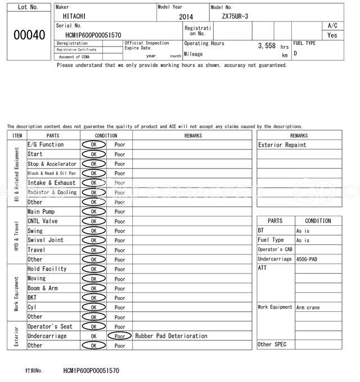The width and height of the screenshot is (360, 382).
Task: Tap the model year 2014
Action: click(x=186, y=17)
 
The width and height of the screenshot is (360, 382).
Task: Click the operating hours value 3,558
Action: click(x=266, y=46)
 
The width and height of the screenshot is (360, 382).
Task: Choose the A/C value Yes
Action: click(x=332, y=35)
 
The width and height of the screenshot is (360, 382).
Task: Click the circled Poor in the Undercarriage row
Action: click(x=120, y=336)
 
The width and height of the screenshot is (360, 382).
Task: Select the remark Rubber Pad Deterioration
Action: click(x=171, y=336)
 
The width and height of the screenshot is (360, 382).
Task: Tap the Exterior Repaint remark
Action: click(x=282, y=145)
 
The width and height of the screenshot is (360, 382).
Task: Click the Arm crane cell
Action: click(x=308, y=307)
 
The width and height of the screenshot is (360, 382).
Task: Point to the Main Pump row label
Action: click(x=41, y=212)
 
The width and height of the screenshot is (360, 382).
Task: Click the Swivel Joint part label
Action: click(x=45, y=240)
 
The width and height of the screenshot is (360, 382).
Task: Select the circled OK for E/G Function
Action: click(x=93, y=145)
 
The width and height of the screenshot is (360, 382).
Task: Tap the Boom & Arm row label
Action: click(x=43, y=288)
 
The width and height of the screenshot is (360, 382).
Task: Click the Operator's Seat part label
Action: click(x=50, y=326)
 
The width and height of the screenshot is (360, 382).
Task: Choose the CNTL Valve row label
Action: click(x=43, y=221)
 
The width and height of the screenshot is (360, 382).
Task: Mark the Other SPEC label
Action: click(x=272, y=344)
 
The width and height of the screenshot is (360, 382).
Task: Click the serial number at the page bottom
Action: click(x=91, y=371)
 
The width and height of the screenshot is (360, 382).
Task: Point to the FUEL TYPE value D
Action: click(x=295, y=53)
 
